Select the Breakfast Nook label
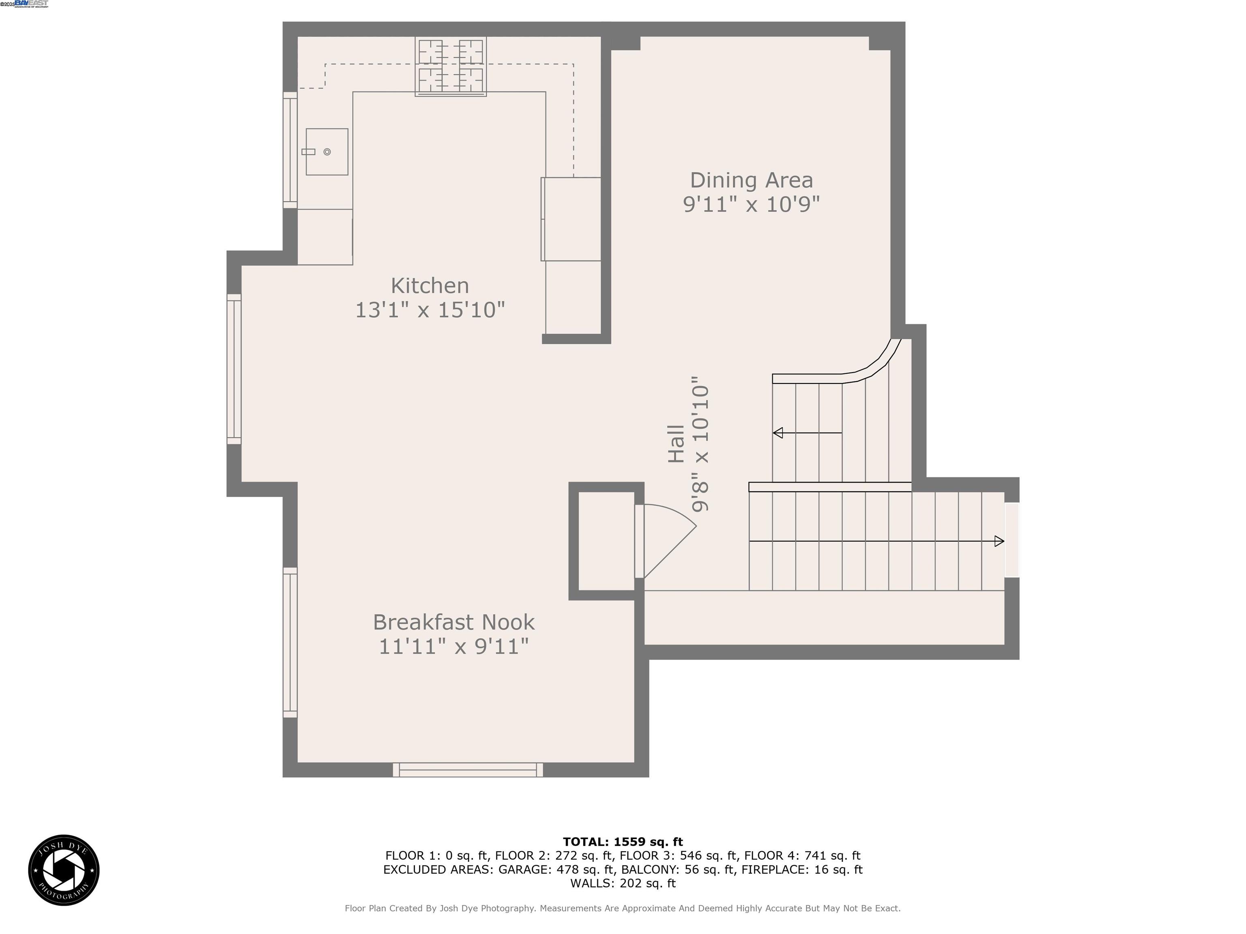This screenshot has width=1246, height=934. (453, 622)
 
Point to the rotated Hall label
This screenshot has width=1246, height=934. (676, 443)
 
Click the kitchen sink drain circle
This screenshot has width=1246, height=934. (327, 152)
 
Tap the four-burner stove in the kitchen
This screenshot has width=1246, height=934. (451, 66)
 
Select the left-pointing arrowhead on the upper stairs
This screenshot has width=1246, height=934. (778, 433)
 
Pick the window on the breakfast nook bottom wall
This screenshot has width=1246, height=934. (468, 769)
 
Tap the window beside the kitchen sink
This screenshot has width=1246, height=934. (290, 150)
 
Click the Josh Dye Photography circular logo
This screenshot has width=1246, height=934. (64, 870)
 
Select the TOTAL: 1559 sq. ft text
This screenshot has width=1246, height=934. (623, 842)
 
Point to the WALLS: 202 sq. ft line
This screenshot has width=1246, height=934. (623, 883)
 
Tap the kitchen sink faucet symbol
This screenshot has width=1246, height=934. (308, 152)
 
